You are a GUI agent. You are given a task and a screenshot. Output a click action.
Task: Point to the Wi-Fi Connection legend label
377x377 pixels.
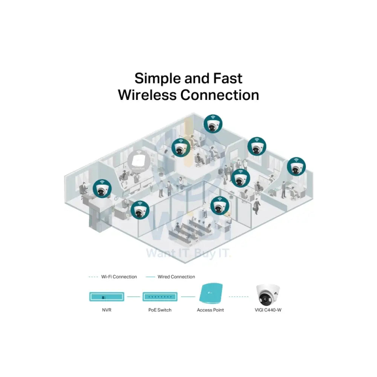pos(119,277)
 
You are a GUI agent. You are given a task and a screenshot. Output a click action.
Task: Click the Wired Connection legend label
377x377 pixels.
pos(176,277)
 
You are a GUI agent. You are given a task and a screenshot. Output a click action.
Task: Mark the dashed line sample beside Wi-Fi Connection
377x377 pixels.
pos(93,277)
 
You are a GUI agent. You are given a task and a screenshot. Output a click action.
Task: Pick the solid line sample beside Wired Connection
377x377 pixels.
pos(150,277)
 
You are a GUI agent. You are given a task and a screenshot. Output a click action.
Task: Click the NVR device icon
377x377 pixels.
pos(106,297)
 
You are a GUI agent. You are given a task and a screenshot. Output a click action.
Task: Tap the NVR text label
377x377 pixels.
pos(106,310)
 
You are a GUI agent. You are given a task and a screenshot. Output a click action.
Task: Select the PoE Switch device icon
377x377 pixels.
pos(160,297)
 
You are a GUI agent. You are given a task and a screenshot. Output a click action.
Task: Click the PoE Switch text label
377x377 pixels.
pos(160,310)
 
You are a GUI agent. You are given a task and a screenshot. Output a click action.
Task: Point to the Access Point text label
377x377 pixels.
pos(210,310)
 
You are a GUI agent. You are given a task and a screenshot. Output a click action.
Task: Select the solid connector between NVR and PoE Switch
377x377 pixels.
pos(133,297)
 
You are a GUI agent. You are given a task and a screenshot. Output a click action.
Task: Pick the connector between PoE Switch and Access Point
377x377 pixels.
pos(187,297)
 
